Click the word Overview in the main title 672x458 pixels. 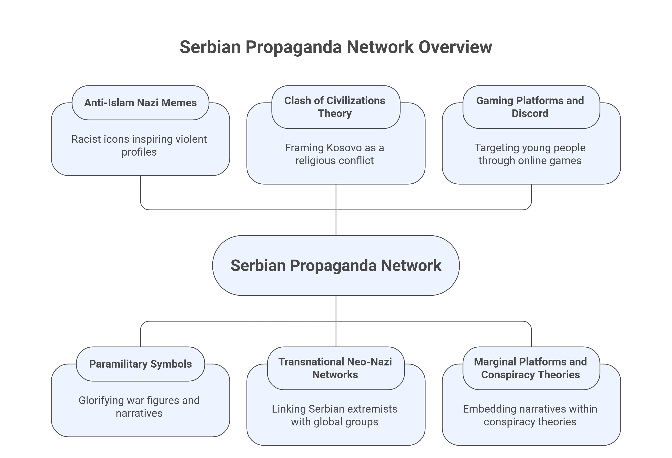pos(455,47)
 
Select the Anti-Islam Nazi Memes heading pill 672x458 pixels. pos(140,103)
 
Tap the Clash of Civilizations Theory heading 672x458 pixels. pos(336,107)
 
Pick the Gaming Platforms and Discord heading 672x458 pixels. pos(531,107)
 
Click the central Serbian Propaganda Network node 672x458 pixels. pos(336,265)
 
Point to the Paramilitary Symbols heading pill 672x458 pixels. pos(140,364)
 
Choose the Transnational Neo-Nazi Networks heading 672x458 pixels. pos(336,368)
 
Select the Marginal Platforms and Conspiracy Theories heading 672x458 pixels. pos(531,368)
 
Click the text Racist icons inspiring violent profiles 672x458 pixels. pos(139,146)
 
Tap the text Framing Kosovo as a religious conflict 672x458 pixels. pos(335,154)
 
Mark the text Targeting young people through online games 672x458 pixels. pos(530,154)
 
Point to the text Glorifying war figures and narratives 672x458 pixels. pos(139,407)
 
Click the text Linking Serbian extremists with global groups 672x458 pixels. pos(335,415)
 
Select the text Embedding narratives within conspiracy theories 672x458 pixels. pos(530,415)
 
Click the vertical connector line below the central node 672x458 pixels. pos(336,308)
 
